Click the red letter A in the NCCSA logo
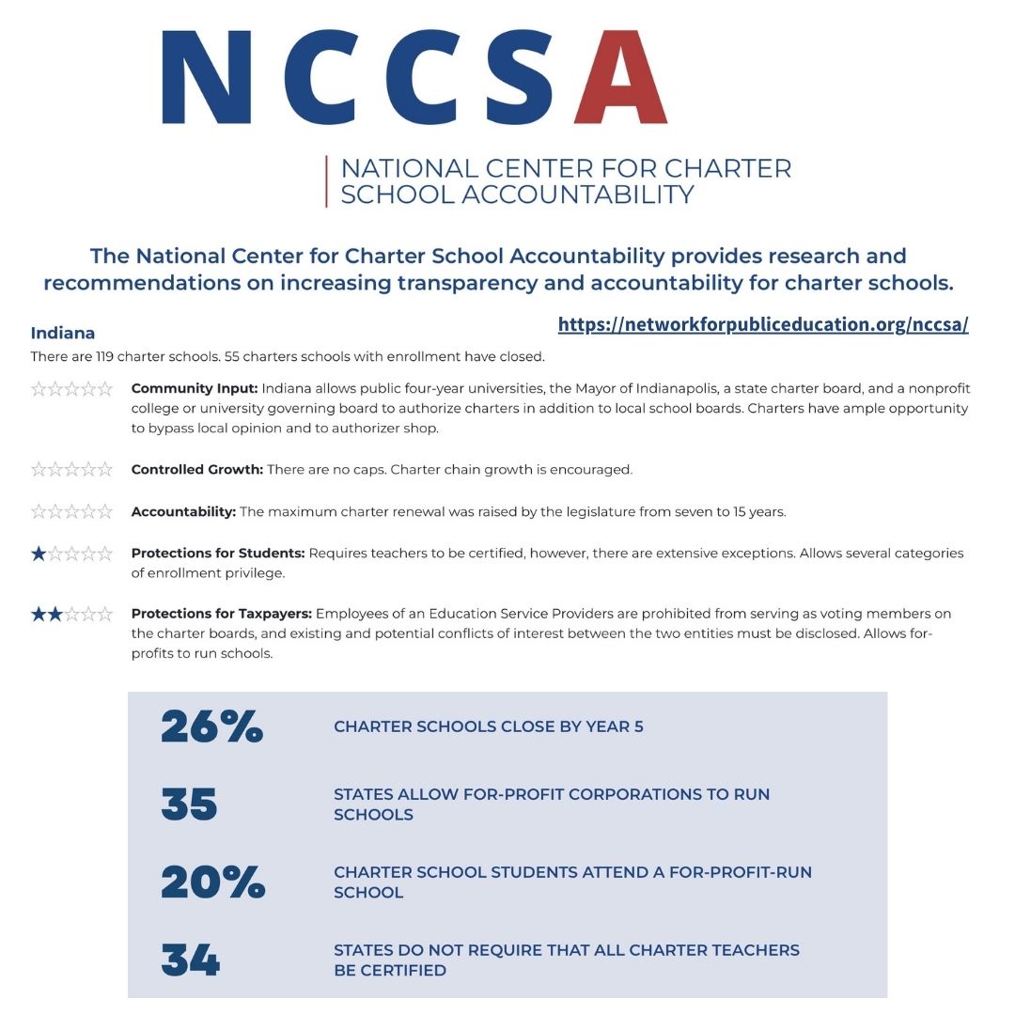pos(620,77)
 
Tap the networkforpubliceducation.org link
pos(762,324)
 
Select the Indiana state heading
pos(63,333)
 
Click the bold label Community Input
pos(195,388)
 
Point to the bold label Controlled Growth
pos(196,469)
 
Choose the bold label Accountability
pos(183,512)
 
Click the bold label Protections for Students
pos(217,554)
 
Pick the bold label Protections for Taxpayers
pos(222,614)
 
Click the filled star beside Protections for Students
pos(39,554)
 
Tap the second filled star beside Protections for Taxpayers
pos(55,615)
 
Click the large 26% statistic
pos(211,726)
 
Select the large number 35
pos(189,804)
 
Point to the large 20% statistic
pos(212,882)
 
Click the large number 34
pos(190,960)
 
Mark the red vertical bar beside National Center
pos(326,181)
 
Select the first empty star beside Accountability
pos(39,512)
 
